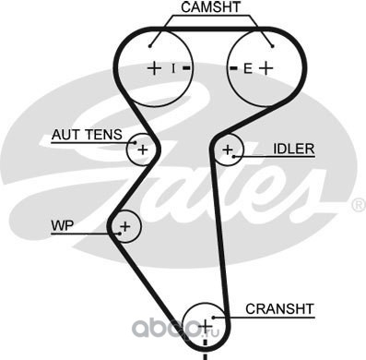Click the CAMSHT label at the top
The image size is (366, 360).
(210, 7)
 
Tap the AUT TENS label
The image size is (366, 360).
(87, 135)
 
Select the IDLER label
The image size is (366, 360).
(294, 149)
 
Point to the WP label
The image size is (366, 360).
(63, 226)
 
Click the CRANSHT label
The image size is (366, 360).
(279, 309)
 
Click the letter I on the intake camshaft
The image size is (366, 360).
(173, 68)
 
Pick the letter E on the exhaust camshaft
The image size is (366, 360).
(248, 68)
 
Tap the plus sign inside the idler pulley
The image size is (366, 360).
(228, 150)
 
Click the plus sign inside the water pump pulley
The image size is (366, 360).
(125, 226)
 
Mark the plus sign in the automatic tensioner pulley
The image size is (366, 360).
(143, 150)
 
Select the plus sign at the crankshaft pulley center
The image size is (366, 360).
(206, 326)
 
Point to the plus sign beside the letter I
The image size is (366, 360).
(154, 68)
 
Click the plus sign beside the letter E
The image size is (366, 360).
(266, 68)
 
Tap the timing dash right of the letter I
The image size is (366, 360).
(187, 68)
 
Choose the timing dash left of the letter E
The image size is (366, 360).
(234, 68)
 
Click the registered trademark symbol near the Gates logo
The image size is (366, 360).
(359, 206)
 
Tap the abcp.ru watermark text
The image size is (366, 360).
(175, 329)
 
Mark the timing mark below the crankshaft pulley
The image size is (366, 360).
(206, 350)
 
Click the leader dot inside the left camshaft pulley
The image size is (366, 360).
(150, 46)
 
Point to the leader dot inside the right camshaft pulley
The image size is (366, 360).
(273, 46)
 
